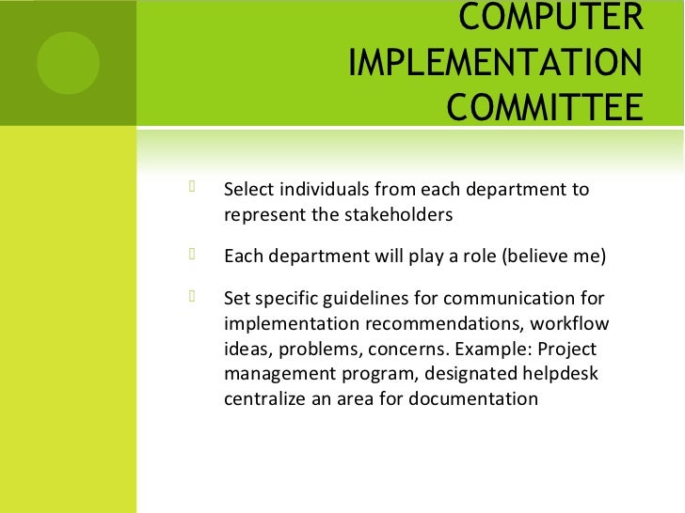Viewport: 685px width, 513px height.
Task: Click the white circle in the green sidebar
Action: coord(68,61)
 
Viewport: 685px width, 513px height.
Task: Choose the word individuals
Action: coord(325,190)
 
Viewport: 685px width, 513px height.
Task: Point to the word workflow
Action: coord(571,325)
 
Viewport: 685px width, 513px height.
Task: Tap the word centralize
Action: coord(270,398)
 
